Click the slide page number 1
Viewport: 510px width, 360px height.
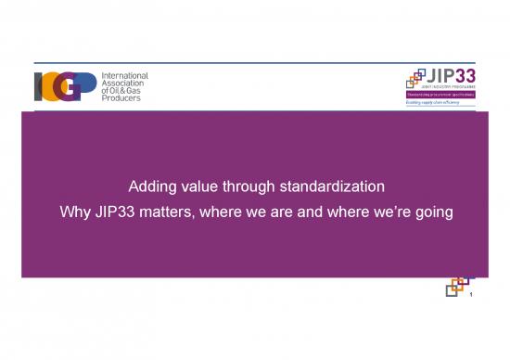[472, 296]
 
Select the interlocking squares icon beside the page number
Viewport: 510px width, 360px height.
[456, 286]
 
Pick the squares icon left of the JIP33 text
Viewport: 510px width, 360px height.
[414, 79]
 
